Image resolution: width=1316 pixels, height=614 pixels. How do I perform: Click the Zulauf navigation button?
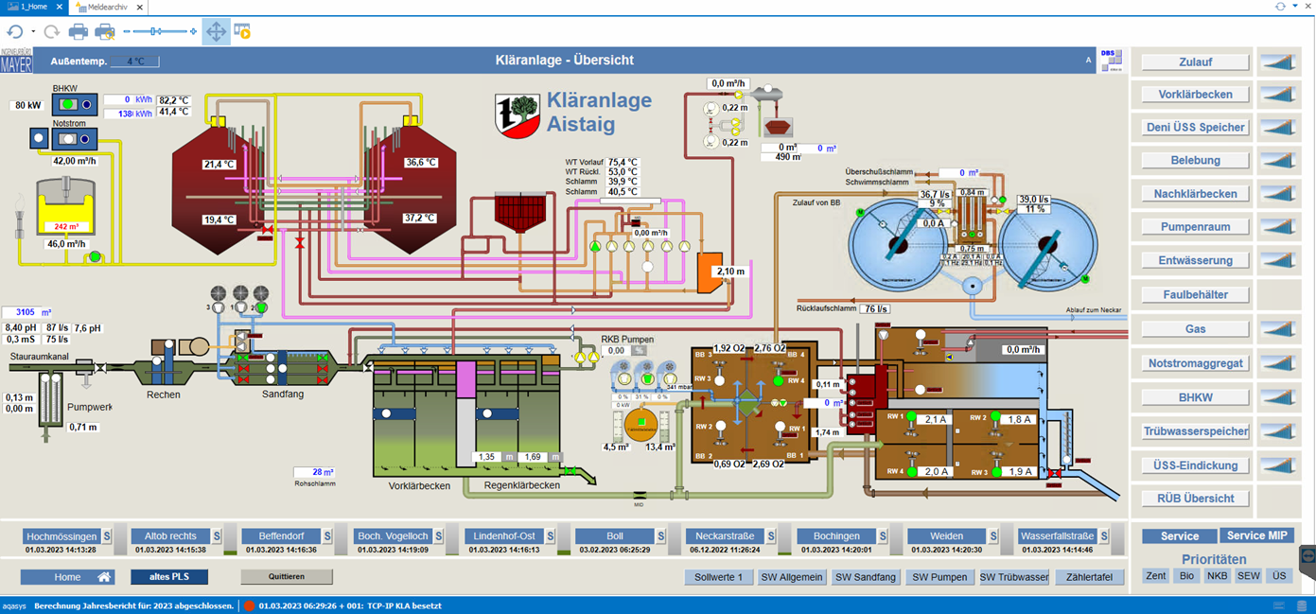1195,62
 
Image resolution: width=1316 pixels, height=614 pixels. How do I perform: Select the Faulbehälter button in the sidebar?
1195,294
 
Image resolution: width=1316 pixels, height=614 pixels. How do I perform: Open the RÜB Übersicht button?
1195,499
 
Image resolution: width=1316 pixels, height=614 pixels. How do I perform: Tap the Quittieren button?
286,576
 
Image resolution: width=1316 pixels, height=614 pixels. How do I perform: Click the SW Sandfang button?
865,577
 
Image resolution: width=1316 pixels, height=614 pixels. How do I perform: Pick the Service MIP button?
1257,535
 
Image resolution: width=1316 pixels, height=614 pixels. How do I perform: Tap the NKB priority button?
1217,575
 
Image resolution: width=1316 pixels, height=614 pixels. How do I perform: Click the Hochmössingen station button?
61,536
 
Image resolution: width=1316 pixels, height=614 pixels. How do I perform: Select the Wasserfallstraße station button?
1056,536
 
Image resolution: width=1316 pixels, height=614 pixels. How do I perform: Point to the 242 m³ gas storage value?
66,227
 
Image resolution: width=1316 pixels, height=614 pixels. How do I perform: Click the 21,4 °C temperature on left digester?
219,165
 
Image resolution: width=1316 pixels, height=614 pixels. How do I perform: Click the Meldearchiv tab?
108,7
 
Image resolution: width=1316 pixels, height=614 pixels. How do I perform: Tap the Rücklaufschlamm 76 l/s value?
876,308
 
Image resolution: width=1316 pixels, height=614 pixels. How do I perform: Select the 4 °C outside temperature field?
135,61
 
